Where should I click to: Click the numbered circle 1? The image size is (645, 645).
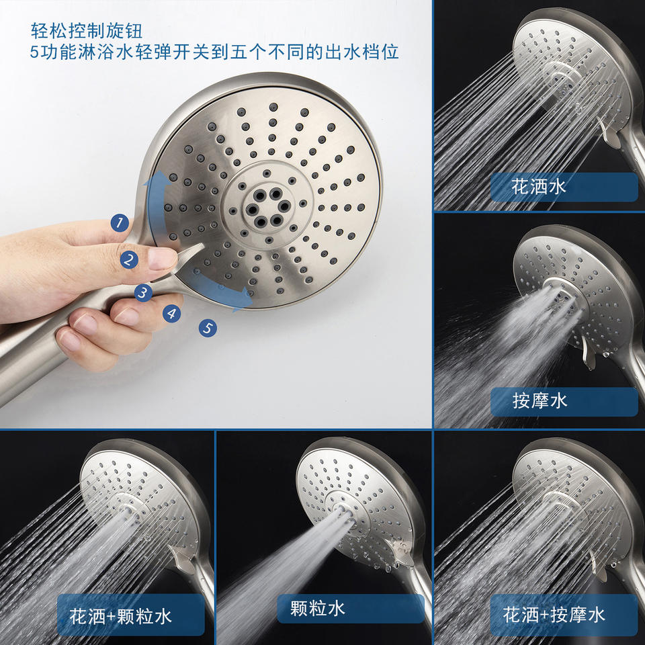coord(120,223)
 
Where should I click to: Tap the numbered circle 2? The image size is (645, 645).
coord(129,260)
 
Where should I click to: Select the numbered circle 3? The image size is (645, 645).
coord(143,292)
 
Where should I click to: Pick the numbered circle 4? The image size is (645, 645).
coord(172,314)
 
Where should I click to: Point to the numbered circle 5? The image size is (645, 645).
coord(208,329)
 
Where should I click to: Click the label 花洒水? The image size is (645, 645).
coord(538,187)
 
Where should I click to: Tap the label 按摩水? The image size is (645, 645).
coord(540,400)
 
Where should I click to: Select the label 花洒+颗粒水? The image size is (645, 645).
coord(120,616)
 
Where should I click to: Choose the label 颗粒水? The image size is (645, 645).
coord(318,608)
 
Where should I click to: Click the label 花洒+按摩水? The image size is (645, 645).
coord(554,615)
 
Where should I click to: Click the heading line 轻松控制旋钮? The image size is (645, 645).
coord(87,30)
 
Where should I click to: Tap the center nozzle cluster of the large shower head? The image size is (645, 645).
coord(267,208)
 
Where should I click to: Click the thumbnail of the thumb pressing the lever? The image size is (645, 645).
coord(162,258)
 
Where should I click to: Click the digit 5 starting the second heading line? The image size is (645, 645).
coord(34,52)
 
